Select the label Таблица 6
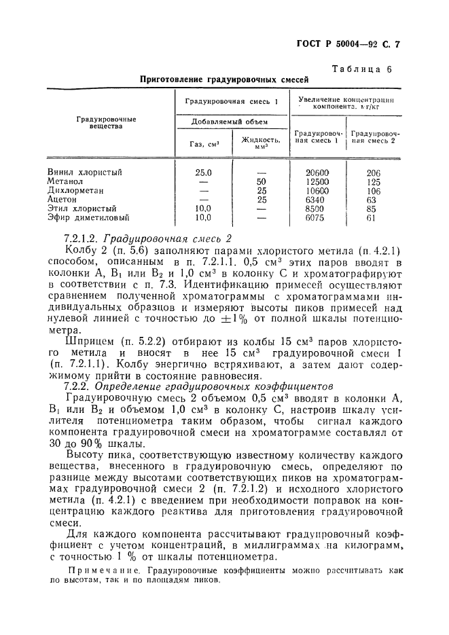(361, 69)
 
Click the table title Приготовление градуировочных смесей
(224, 79)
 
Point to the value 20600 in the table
(318, 173)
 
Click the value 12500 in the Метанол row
(318, 182)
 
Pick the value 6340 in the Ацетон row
(318, 200)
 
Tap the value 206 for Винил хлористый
(373, 173)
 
